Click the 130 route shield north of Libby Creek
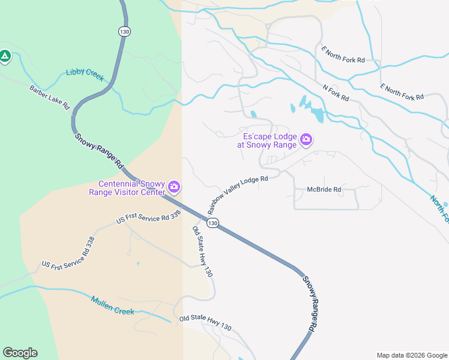click(124, 31)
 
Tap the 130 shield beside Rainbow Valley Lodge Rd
click(212, 223)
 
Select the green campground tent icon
click(5, 56)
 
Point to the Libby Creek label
click(85, 74)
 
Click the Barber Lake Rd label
click(50, 97)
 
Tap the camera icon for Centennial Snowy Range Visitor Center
click(174, 187)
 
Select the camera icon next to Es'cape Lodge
click(307, 140)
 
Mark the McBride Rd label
click(324, 190)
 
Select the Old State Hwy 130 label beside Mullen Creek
click(205, 322)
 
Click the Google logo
click(20, 353)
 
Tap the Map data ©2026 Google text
click(411, 355)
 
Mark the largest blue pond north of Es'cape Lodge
click(316, 113)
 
